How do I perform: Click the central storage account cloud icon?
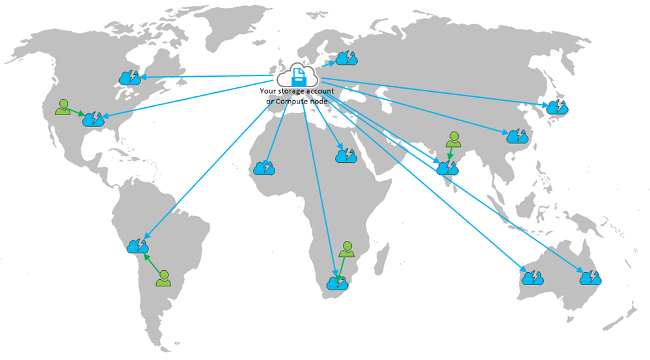[297, 75]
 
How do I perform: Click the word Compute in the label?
[291, 101]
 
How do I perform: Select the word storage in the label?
[291, 91]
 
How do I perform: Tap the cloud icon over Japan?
[557, 107]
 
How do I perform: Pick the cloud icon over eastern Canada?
[129, 77]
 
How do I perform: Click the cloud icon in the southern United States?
[93, 118]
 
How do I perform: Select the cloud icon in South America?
[138, 246]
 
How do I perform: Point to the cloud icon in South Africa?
[338, 283]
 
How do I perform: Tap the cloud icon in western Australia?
[532, 277]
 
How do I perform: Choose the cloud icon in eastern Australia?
[590, 277]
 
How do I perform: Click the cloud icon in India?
[447, 167]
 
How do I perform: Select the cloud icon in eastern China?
[517, 135]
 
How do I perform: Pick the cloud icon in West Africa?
[264, 167]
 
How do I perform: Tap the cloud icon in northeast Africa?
[346, 156]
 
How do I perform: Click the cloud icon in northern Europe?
[346, 58]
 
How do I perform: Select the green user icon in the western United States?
[63, 107]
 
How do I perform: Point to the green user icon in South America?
[164, 278]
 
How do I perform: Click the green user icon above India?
[454, 139]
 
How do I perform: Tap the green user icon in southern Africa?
[347, 249]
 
